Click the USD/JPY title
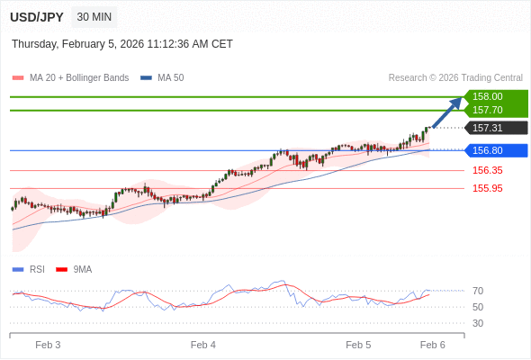click(37, 17)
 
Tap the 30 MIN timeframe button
click(94, 17)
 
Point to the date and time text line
click(121, 43)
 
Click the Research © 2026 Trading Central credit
click(455, 78)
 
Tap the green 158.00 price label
click(487, 96)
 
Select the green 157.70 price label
click(487, 110)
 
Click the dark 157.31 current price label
click(487, 128)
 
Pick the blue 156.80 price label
click(487, 150)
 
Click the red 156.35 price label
click(487, 170)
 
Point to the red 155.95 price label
click(487, 188)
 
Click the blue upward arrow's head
click(457, 102)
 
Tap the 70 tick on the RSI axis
click(478, 291)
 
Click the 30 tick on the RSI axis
click(478, 323)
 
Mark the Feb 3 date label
click(48, 345)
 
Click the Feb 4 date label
click(203, 345)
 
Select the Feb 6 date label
click(433, 345)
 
